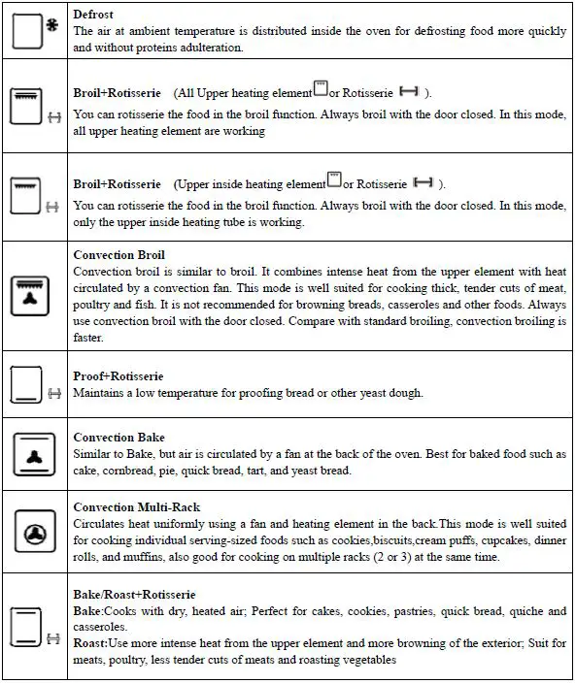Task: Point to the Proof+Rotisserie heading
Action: [x=118, y=376]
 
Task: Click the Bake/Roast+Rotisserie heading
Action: [x=134, y=594]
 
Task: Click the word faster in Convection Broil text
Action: [x=88, y=338]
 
